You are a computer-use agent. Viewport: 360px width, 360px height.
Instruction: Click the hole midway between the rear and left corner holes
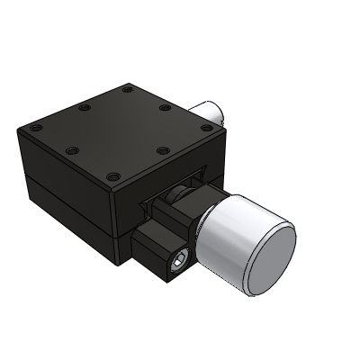(84, 108)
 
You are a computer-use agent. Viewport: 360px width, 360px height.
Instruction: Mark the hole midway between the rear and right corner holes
(166, 110)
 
